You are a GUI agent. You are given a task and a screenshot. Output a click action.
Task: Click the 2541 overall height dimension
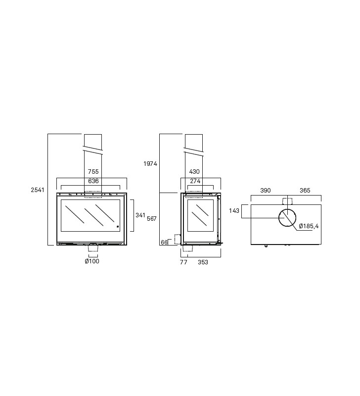click(38, 190)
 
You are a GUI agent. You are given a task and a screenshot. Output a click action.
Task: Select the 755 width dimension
click(93, 172)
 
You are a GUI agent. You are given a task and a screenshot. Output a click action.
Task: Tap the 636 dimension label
click(93, 181)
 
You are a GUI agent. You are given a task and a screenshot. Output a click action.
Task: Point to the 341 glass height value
click(140, 215)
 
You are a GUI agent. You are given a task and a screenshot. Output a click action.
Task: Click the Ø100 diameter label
click(92, 261)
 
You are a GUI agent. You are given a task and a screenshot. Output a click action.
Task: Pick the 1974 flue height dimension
click(150, 164)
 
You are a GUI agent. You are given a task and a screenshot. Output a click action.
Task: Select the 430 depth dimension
click(194, 172)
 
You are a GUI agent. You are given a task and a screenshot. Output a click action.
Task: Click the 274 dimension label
click(195, 181)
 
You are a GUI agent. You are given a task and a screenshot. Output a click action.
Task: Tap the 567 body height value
click(152, 219)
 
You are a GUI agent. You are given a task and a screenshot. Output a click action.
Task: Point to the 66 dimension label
click(164, 243)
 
